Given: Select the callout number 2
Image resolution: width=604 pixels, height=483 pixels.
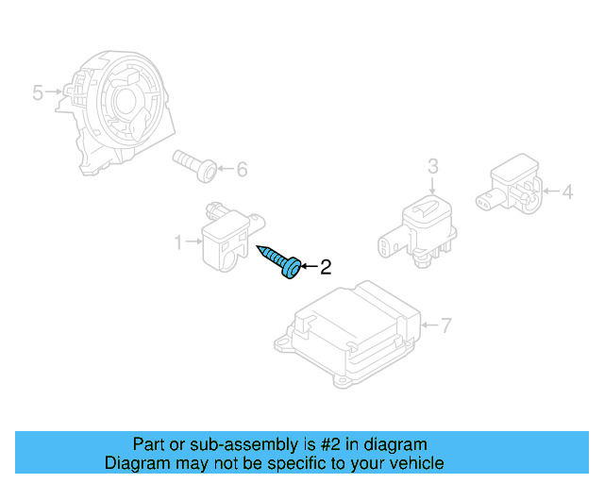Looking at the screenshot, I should coord(326,268).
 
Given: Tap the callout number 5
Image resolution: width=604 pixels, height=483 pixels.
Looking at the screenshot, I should coord(38,92).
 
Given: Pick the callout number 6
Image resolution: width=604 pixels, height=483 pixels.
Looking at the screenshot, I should coord(242,170).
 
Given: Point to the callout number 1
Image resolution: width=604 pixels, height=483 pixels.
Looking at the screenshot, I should coord(177,243).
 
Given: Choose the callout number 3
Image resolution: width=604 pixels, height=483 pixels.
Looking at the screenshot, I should coord(433,167).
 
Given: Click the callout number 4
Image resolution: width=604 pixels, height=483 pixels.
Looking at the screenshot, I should coord(567,192).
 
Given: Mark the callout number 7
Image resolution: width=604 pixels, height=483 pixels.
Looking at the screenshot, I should coord(446,326).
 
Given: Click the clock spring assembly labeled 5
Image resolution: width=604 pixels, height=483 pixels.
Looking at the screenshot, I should coord(118,108).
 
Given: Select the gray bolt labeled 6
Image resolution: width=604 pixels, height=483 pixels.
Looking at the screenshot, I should coord(193,165).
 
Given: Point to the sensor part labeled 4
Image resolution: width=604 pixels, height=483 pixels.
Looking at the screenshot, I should coord(513,187).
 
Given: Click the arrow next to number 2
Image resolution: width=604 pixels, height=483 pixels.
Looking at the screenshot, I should coord(309,268).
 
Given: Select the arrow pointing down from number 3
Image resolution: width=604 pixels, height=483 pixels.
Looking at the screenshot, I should coord(433,187).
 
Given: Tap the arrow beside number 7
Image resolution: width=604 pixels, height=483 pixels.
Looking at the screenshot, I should coord(429,326).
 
